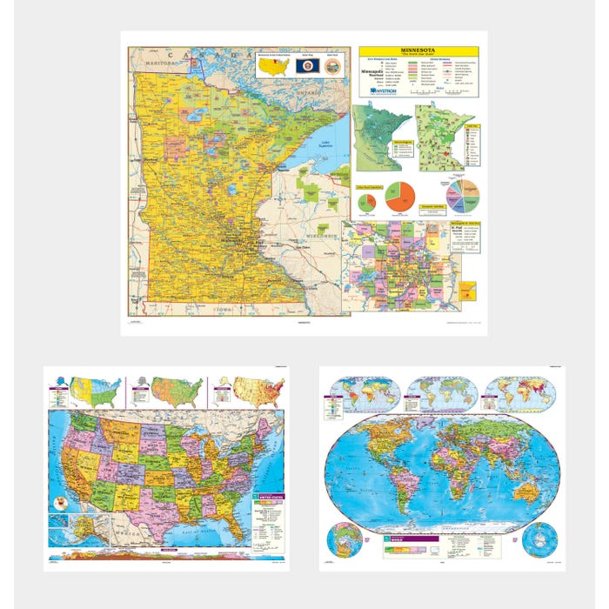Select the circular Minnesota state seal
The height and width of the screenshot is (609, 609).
pos(332,65)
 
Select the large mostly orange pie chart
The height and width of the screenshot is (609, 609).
pos(399,197)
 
